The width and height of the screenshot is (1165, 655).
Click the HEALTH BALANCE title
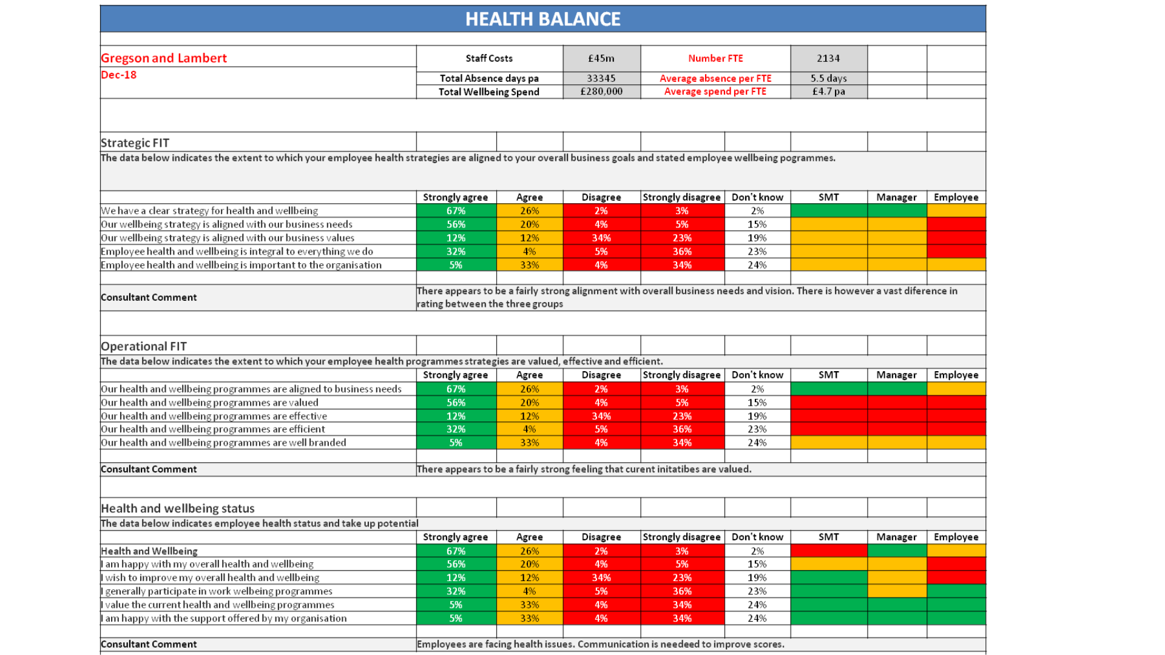coord(543,19)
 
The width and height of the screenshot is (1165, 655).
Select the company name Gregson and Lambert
coord(164,58)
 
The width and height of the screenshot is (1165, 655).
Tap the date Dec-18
coord(119,75)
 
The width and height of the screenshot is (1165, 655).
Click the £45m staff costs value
coord(601,58)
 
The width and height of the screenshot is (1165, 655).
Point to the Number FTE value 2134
coord(828,58)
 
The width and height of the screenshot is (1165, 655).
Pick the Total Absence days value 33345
coord(601,78)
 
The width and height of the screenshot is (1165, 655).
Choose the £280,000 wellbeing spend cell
coord(601,92)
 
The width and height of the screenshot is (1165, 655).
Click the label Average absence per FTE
coord(715,78)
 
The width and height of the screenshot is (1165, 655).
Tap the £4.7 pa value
coord(828,92)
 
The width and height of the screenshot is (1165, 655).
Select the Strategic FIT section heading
coord(135,143)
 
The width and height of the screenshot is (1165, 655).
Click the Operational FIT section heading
coord(144,346)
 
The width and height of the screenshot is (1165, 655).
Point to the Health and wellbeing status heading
coord(178,508)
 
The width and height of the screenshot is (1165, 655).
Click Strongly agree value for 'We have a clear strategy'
coord(456,211)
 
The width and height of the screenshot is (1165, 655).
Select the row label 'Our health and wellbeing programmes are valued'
coord(209,403)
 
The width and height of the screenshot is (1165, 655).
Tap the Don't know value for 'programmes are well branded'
coord(757,443)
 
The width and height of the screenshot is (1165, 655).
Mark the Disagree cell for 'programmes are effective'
coord(601,416)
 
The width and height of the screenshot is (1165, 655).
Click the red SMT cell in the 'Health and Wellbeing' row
coord(829,551)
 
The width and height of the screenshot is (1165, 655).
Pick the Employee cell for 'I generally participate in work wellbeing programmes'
coord(956,591)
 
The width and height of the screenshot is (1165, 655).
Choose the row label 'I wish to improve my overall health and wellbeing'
coord(210,578)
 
